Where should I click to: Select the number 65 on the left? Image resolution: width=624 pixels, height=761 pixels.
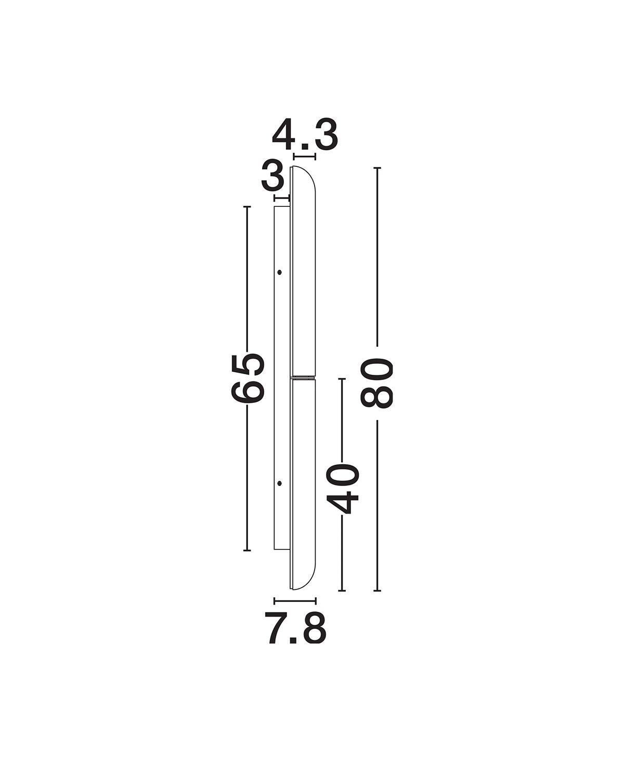pos(248,378)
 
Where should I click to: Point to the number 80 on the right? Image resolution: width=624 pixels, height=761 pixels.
pos(376,383)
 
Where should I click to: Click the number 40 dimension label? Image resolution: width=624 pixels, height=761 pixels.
pos(342,489)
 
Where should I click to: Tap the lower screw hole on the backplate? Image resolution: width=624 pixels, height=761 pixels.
pos(279,483)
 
